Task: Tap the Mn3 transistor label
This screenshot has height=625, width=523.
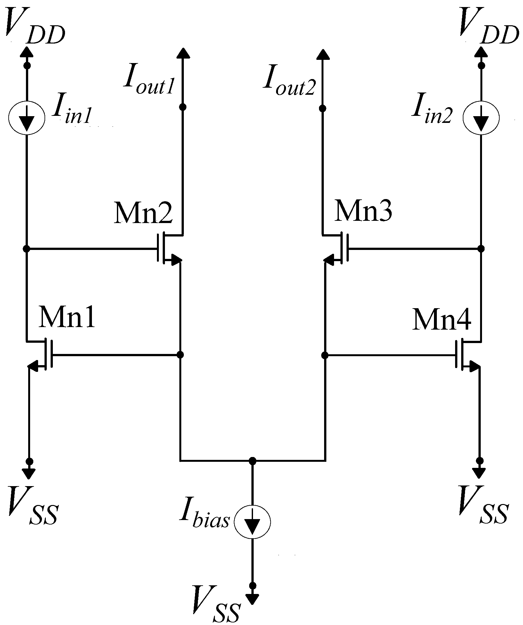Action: pyautogui.click(x=363, y=211)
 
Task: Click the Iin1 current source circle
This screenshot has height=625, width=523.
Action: pyautogui.click(x=27, y=118)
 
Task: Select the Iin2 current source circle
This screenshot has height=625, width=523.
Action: pyautogui.click(x=481, y=118)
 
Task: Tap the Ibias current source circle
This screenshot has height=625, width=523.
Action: pyautogui.click(x=252, y=521)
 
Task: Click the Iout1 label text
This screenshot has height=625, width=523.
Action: pyautogui.click(x=149, y=83)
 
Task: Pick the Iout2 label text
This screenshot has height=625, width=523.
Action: pyautogui.click(x=289, y=83)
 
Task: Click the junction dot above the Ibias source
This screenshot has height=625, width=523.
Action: pyautogui.click(x=252, y=461)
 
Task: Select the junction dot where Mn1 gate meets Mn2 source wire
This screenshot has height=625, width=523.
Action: pyautogui.click(x=180, y=355)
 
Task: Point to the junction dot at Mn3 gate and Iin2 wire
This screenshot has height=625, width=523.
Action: pyautogui.click(x=481, y=248)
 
